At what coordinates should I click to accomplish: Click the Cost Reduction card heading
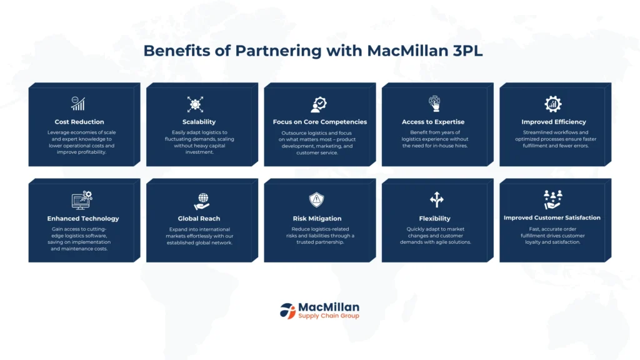pyautogui.click(x=79, y=122)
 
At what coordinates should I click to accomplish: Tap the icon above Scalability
pyautogui.click(x=195, y=104)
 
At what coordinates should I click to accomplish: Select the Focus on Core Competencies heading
pyautogui.click(x=320, y=122)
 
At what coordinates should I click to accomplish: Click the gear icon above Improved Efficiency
pyautogui.click(x=553, y=104)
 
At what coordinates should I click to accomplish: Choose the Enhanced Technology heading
pyautogui.click(x=83, y=219)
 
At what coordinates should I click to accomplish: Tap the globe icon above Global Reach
pyautogui.click(x=201, y=200)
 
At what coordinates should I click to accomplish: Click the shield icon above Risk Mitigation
pyautogui.click(x=317, y=200)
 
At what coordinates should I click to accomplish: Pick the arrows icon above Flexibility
pyautogui.click(x=436, y=200)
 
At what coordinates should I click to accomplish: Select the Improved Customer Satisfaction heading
pyautogui.click(x=552, y=217)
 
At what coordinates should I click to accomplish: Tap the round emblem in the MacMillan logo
pyautogui.click(x=287, y=311)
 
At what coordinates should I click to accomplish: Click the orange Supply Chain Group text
pyautogui.click(x=329, y=316)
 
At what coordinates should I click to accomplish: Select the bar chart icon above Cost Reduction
pyautogui.click(x=78, y=104)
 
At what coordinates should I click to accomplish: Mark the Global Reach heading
pyautogui.click(x=201, y=219)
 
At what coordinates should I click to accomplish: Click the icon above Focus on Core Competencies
pyautogui.click(x=319, y=104)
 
